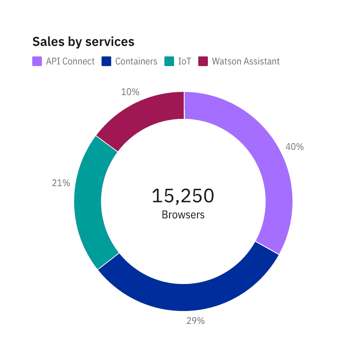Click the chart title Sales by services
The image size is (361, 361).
(x=83, y=41)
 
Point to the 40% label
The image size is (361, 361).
(x=295, y=147)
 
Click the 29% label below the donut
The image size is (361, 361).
(x=195, y=321)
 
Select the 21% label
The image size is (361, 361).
(x=61, y=183)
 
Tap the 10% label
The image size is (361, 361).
(x=130, y=92)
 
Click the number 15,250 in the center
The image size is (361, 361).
(x=183, y=196)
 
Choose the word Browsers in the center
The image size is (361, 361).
(x=183, y=215)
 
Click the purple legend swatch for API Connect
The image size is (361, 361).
(x=37, y=61)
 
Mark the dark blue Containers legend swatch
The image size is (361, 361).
(x=106, y=61)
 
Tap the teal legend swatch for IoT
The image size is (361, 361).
(x=169, y=61)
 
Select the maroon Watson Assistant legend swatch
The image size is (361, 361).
(x=203, y=61)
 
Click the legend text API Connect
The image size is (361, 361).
(x=70, y=61)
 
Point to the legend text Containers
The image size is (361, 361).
(x=136, y=61)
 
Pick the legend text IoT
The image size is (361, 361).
(x=185, y=61)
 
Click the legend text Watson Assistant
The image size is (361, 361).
(x=246, y=61)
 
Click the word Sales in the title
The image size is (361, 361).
(x=46, y=41)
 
